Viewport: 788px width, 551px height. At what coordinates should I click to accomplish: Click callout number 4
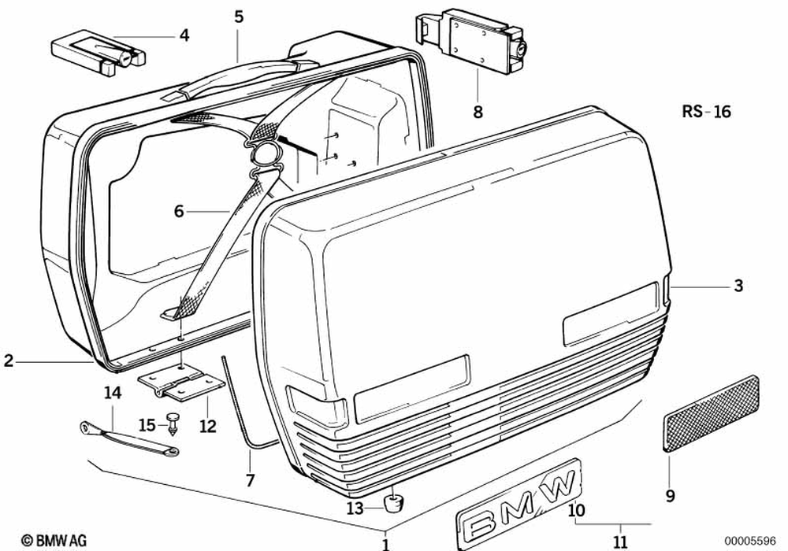point(184,35)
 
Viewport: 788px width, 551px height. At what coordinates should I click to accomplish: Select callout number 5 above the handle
point(239,16)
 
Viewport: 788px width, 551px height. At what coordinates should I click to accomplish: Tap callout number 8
point(478,112)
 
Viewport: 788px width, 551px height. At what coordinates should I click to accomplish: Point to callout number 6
point(179,211)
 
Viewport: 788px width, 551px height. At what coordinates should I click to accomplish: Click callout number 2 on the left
point(9,361)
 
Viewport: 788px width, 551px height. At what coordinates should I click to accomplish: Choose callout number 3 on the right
point(738,287)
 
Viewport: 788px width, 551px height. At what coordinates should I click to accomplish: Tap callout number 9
point(670,496)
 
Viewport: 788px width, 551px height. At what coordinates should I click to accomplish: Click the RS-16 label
point(706,112)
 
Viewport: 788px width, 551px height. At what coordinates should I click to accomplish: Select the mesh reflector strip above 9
point(712,412)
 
